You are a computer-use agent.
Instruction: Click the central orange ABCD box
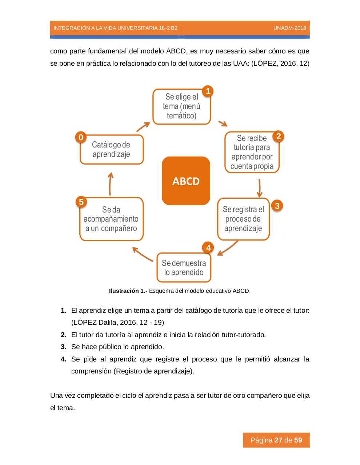point(186,181)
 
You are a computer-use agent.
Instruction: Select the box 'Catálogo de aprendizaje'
point(111,149)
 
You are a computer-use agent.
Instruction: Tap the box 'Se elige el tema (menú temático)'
point(181,106)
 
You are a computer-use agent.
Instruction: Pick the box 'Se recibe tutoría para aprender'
point(252,152)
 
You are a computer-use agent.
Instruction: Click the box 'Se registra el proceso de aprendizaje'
point(243,219)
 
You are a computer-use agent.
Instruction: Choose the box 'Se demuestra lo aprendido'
point(184,267)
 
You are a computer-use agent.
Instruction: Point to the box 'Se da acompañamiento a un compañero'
point(111,219)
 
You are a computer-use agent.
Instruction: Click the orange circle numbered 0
point(81,137)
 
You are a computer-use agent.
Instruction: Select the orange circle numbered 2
point(278,136)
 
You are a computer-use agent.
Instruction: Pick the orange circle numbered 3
point(277,206)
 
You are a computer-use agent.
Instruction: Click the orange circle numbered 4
point(208,248)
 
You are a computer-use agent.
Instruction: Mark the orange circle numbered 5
point(81,202)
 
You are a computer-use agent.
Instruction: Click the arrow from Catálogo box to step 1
point(143,126)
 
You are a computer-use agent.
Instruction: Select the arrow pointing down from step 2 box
point(260,187)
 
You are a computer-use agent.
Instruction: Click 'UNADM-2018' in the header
point(289,28)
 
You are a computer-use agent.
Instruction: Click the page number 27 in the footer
point(279,440)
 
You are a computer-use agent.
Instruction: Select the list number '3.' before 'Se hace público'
point(64,347)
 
